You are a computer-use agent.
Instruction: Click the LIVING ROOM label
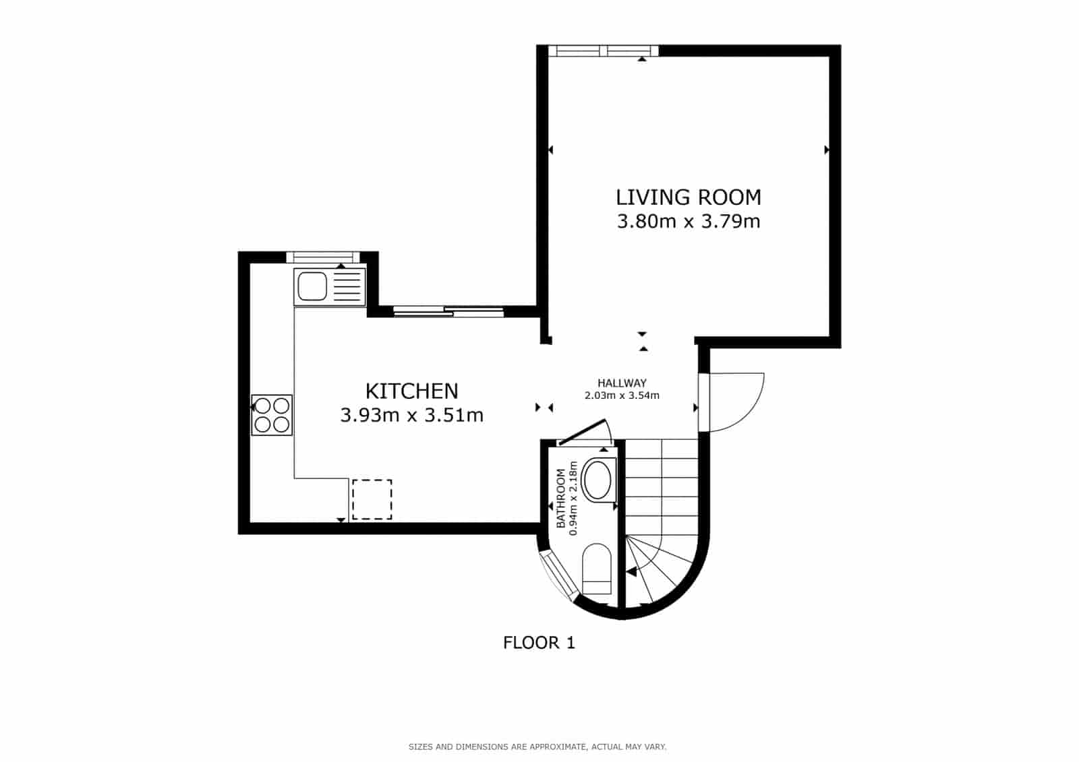pos(688,197)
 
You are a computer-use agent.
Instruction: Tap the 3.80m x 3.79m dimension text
pos(688,221)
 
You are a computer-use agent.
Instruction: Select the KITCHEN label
pos(411,391)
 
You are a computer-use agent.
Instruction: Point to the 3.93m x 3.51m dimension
pos(411,415)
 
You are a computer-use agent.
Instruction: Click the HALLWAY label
pos(622,383)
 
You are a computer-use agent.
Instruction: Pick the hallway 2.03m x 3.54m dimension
pos(622,395)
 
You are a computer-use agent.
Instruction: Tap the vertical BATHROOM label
pos(560,499)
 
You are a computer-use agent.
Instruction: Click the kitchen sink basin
pos(312,286)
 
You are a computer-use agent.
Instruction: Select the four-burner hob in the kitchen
pos(272,414)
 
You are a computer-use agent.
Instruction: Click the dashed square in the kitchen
pos(372,499)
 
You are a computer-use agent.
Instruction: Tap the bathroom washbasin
pos(597,480)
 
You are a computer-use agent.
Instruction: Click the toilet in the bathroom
pos(596,568)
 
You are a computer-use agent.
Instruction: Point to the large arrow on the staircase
pos(631,572)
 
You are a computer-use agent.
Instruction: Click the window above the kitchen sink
pos(322,257)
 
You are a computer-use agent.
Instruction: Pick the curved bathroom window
pos(559,577)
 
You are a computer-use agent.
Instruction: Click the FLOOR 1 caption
pos(539,643)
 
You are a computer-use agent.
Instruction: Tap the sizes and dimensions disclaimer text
pos(537,747)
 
